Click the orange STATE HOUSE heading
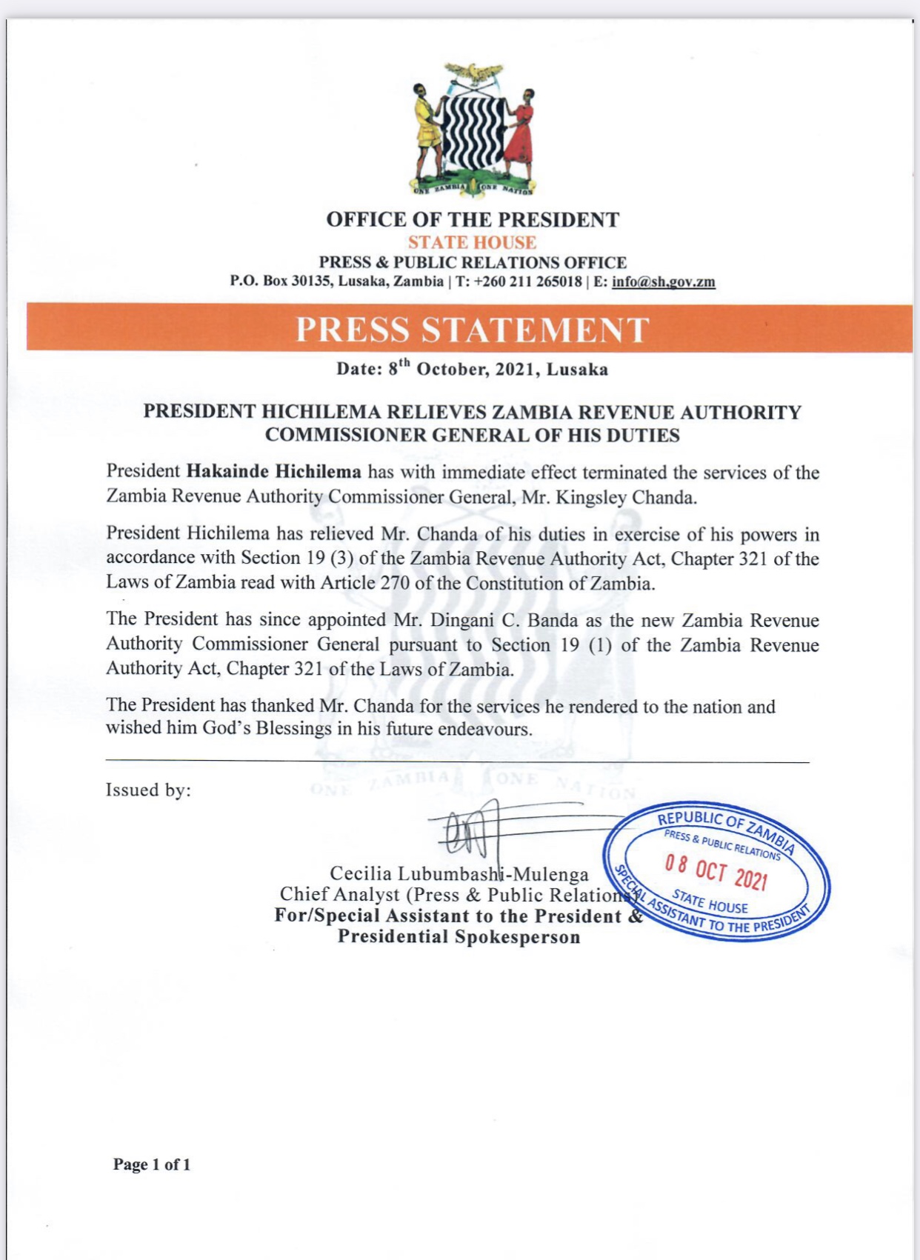tap(472, 242)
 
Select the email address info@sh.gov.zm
tap(663, 281)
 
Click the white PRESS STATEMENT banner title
tap(472, 330)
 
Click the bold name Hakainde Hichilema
tap(273, 472)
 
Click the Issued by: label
tap(148, 790)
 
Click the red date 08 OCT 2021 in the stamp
tap(716, 872)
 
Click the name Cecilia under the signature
tap(361, 874)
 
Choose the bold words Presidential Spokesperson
tap(459, 937)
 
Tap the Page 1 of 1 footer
tap(152, 1164)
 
